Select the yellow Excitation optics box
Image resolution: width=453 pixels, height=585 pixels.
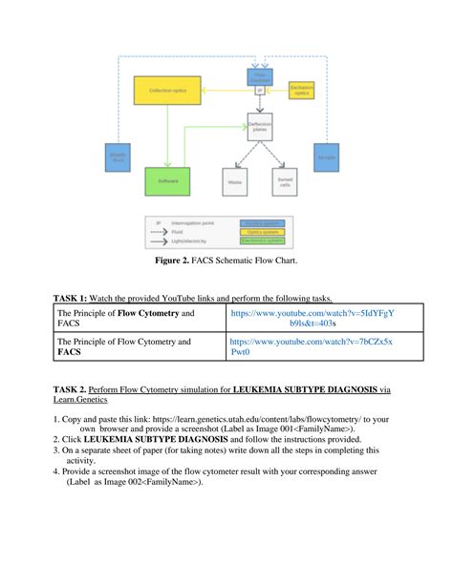tap(301, 91)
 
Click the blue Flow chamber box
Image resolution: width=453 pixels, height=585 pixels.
tap(259, 74)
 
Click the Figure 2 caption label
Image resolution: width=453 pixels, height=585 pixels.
tap(179, 260)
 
